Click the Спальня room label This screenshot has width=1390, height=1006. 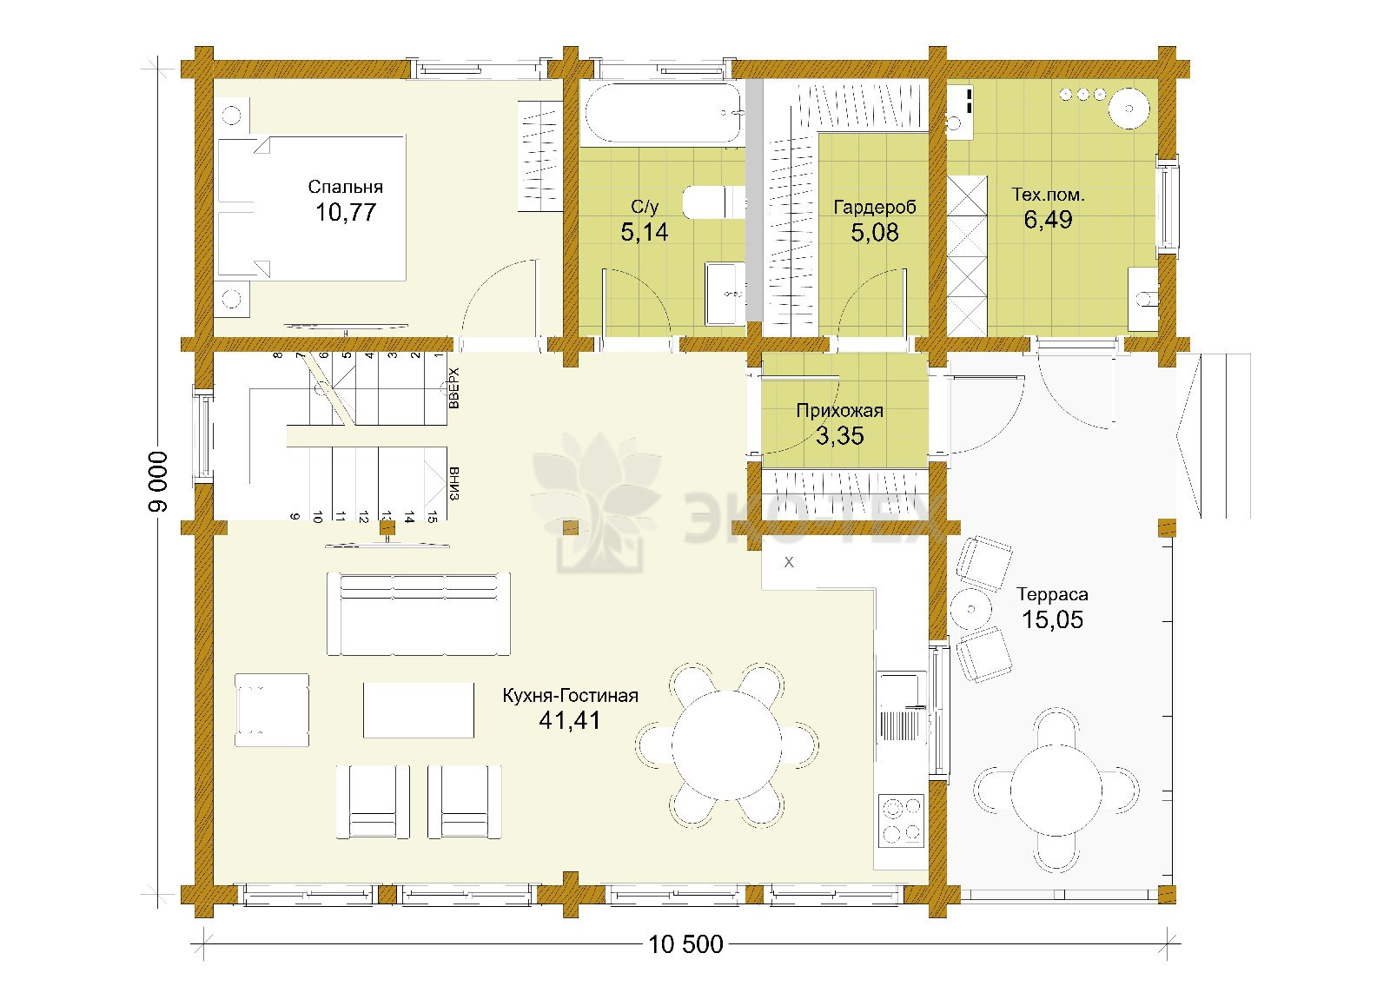(345, 187)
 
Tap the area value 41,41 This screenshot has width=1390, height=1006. (570, 720)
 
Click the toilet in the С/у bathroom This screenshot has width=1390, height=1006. (713, 202)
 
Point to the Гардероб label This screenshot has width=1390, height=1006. (874, 208)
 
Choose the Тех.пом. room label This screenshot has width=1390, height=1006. (1048, 195)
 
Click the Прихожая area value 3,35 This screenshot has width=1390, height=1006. (839, 435)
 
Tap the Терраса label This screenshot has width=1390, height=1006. (1052, 594)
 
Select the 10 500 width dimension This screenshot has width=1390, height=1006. (685, 944)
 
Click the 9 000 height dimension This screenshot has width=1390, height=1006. (157, 481)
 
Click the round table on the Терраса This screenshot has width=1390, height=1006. (1056, 791)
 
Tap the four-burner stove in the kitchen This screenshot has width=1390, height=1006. (902, 821)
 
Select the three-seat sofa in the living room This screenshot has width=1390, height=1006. (419, 614)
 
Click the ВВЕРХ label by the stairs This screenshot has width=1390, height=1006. (453, 387)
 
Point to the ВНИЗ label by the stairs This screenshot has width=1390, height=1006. (453, 483)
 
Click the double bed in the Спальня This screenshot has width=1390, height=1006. (312, 207)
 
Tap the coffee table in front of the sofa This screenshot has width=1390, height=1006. (419, 710)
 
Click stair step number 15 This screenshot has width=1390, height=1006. (432, 516)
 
